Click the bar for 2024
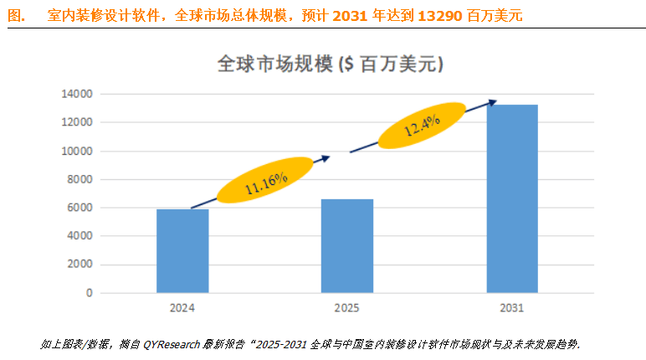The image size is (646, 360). (182, 250)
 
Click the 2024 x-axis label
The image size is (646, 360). (182, 308)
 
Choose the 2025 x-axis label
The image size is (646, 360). (347, 308)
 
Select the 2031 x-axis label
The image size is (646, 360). (512, 308)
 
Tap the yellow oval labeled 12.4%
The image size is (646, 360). (422, 126)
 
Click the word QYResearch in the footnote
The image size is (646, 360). (182, 344)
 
